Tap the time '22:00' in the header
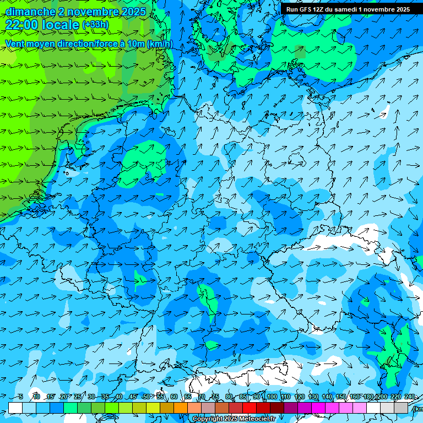(x=21, y=24)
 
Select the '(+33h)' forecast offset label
(x=95, y=25)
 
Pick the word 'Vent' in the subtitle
(x=15, y=44)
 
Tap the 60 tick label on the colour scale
(x=174, y=397)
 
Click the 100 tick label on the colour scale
(x=270, y=397)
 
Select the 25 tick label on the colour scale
(x=78, y=397)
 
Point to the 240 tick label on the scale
(x=410, y=397)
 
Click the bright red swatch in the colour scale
(x=250, y=408)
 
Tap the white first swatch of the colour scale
(x=15, y=408)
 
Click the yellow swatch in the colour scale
(x=153, y=408)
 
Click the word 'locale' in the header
(x=62, y=24)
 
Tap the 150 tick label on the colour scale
(x=341, y=397)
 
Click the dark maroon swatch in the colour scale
(x=277, y=408)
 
